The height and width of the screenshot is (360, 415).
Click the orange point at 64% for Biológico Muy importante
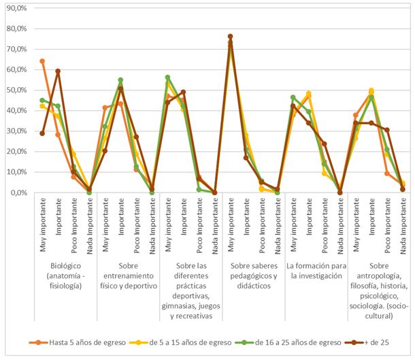pos(42,61)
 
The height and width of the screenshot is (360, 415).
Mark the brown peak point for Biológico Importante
pos(58,71)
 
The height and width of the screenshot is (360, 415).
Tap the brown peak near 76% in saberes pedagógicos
pos(230,37)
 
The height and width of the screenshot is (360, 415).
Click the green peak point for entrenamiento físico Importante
pos(120,80)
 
